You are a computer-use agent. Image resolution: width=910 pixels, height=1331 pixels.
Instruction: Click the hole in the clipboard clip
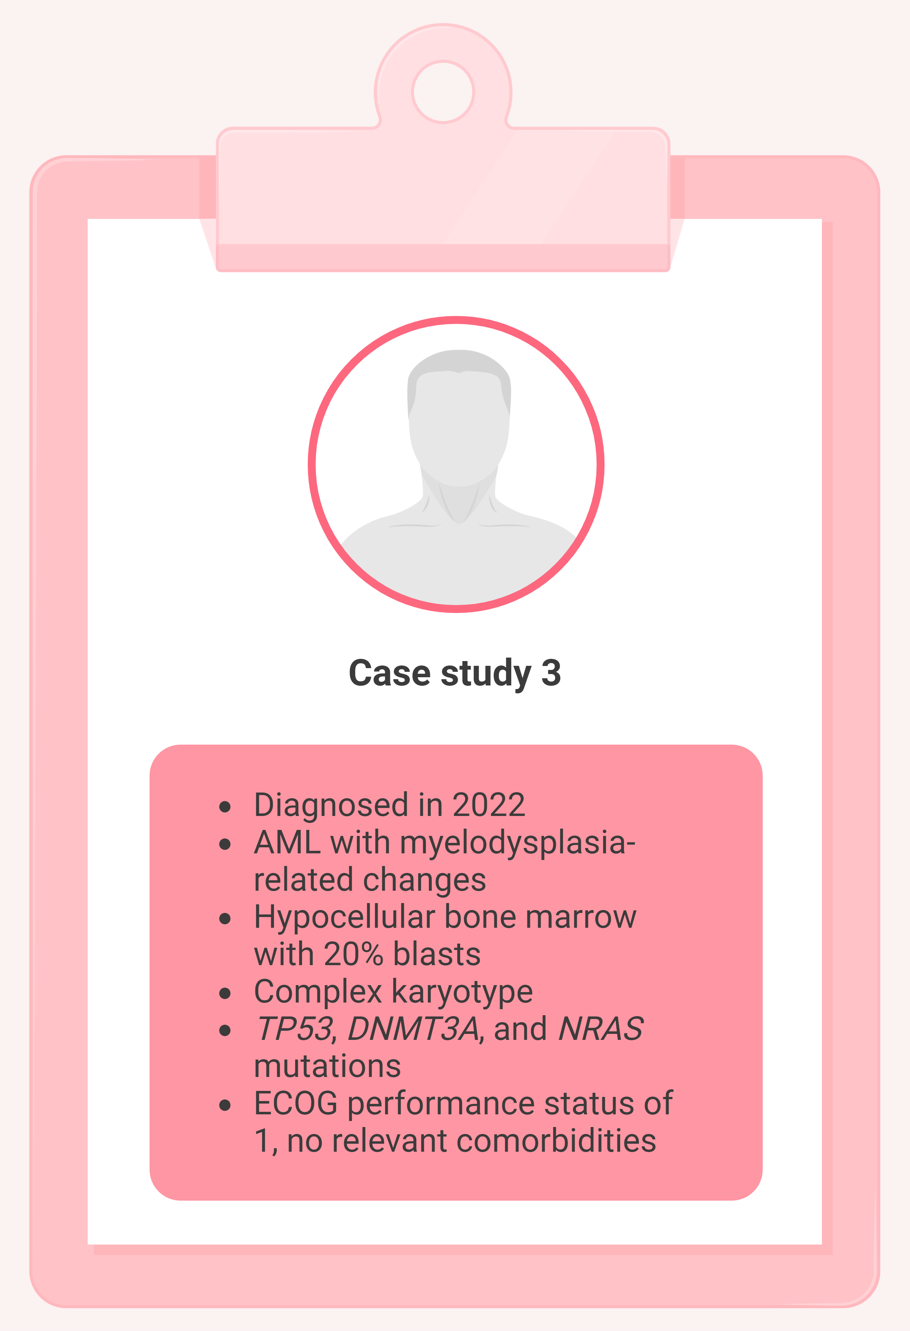coord(443,92)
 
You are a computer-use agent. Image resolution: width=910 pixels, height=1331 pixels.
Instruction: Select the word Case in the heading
coord(389,673)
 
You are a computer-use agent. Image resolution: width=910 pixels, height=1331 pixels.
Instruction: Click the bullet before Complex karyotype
coord(225,994)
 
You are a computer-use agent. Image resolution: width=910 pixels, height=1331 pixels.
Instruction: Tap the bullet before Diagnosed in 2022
coord(225,807)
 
